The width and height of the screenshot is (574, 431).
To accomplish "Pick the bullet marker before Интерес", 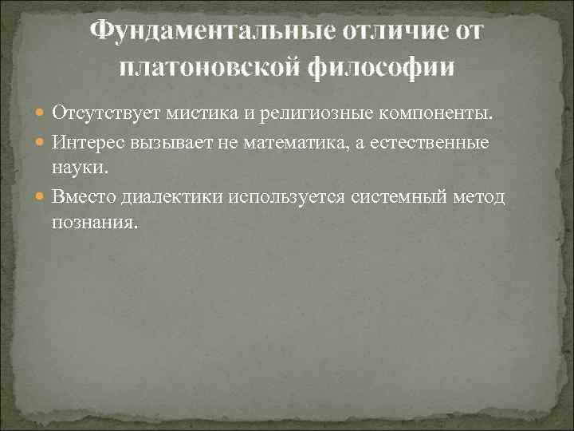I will click(41, 142).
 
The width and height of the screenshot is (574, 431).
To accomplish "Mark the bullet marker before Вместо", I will click(41, 197).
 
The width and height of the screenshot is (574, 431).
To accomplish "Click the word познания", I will click(94, 223).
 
